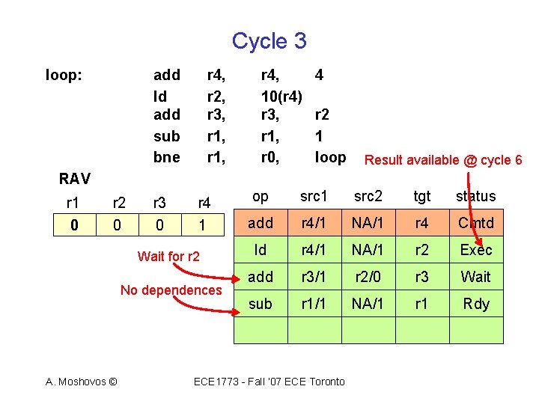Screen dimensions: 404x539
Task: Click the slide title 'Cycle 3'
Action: [269, 40]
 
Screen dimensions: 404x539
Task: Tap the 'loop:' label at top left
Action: [64, 75]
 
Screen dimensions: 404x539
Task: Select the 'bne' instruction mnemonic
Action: [166, 157]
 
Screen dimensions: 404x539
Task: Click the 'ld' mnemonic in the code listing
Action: [160, 96]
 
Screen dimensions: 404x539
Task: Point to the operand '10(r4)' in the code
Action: [281, 96]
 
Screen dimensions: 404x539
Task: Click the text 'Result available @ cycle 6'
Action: [442, 159]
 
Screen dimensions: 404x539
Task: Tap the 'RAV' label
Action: [75, 179]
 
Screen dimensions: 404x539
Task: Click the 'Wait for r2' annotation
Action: [168, 257]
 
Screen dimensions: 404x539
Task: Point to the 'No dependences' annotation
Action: [171, 290]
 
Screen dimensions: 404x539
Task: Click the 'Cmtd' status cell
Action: [476, 223]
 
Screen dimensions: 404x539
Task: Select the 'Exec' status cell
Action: [476, 250]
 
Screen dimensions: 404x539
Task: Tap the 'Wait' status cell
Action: [476, 277]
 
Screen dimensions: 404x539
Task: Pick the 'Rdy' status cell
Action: [476, 304]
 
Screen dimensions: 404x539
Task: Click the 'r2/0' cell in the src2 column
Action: [368, 277]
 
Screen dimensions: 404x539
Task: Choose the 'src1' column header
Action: [314, 196]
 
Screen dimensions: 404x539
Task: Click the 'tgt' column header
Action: [422, 196]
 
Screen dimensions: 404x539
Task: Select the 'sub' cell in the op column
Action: [261, 304]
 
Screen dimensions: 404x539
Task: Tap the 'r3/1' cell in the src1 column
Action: [314, 277]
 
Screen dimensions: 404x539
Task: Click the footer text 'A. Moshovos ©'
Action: [81, 382]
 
